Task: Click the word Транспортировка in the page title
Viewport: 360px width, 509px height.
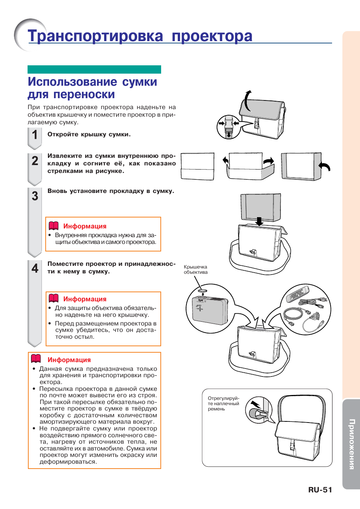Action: (x=95, y=36)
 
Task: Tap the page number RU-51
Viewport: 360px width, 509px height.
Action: (x=320, y=490)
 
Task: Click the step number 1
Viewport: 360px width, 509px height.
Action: (x=35, y=135)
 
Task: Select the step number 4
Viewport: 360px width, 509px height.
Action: (x=35, y=268)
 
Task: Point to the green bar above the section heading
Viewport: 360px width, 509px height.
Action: (x=94, y=69)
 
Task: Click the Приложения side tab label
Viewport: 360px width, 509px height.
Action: (x=351, y=444)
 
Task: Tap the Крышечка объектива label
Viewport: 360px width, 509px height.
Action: (x=195, y=270)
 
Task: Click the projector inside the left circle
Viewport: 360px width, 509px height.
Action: (x=210, y=310)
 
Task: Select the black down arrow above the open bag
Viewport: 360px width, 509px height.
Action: (x=259, y=221)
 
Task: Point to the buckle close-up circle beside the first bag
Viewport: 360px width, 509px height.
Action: (x=229, y=127)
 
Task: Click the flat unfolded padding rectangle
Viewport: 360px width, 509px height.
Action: (x=197, y=166)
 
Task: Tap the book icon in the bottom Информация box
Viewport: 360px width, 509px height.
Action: (x=36, y=359)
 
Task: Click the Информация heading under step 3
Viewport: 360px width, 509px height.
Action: (x=85, y=226)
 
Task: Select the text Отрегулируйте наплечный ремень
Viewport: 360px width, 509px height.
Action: (x=223, y=404)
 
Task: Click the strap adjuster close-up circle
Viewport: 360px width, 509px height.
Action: (x=259, y=410)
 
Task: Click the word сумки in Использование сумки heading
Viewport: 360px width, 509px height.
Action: (x=139, y=82)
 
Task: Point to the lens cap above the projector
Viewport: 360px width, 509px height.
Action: (x=203, y=291)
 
